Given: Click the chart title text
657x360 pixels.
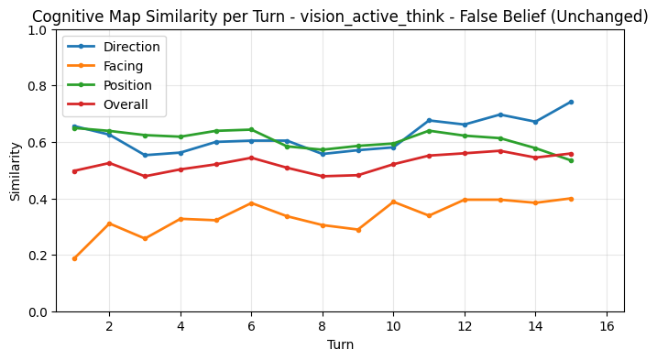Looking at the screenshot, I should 339,16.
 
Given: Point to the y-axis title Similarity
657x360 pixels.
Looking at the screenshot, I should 15,170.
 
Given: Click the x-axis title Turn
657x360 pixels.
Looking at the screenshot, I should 339,345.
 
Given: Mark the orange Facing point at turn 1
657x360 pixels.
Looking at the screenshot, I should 74,258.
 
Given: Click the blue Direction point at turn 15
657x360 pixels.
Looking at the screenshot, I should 571,102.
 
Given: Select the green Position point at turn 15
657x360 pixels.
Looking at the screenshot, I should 571,160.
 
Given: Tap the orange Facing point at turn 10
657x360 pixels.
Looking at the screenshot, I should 393,202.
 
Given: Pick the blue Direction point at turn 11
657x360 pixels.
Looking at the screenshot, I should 429,120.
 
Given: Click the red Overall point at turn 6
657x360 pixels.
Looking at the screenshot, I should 251,158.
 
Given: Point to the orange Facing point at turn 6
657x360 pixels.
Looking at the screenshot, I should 251,203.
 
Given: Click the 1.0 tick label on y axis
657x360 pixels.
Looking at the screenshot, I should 38,30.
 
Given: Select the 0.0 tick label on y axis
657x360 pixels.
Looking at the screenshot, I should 38,312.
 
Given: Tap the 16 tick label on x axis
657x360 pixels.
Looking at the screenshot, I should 607,326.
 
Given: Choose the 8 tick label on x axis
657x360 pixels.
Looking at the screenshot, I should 323,326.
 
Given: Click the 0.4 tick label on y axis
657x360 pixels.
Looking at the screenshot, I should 38,200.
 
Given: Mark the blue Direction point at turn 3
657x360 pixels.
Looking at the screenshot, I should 145,155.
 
